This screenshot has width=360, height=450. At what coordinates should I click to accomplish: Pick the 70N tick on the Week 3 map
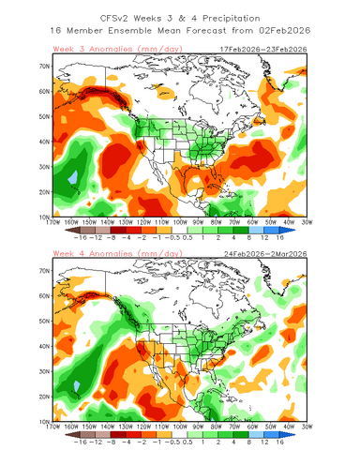43,67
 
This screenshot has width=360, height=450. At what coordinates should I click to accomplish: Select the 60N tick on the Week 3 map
43,92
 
